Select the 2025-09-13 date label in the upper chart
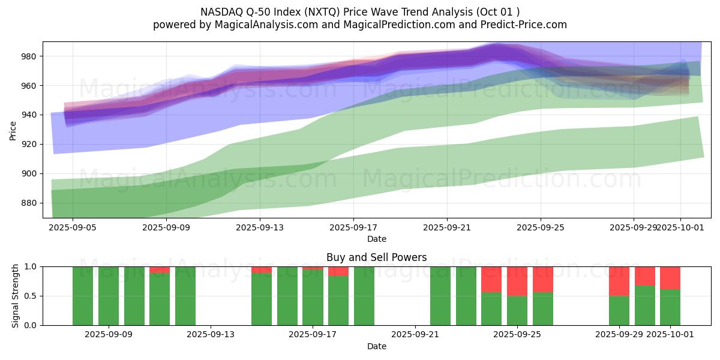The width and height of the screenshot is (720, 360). coord(259,228)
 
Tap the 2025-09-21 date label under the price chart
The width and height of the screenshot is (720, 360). coord(446,228)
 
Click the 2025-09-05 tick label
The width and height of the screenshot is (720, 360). coord(73,228)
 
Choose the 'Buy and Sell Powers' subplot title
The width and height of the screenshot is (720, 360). coord(376,257)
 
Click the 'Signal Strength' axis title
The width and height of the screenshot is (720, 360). coord(16,296)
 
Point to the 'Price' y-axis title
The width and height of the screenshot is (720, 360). coord(13,130)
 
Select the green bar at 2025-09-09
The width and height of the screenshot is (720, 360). coord(109,296)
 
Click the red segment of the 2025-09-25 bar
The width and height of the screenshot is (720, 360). coord(517,281)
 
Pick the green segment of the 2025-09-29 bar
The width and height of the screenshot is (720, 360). coord(619,311)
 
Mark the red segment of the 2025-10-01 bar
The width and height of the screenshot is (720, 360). coord(670,278)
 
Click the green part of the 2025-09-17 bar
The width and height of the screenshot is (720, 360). coord(313,298)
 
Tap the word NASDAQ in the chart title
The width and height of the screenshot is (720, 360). coord(218,11)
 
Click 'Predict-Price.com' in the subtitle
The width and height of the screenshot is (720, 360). coord(526,25)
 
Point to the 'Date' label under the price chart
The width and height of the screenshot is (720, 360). coord(376,239)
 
